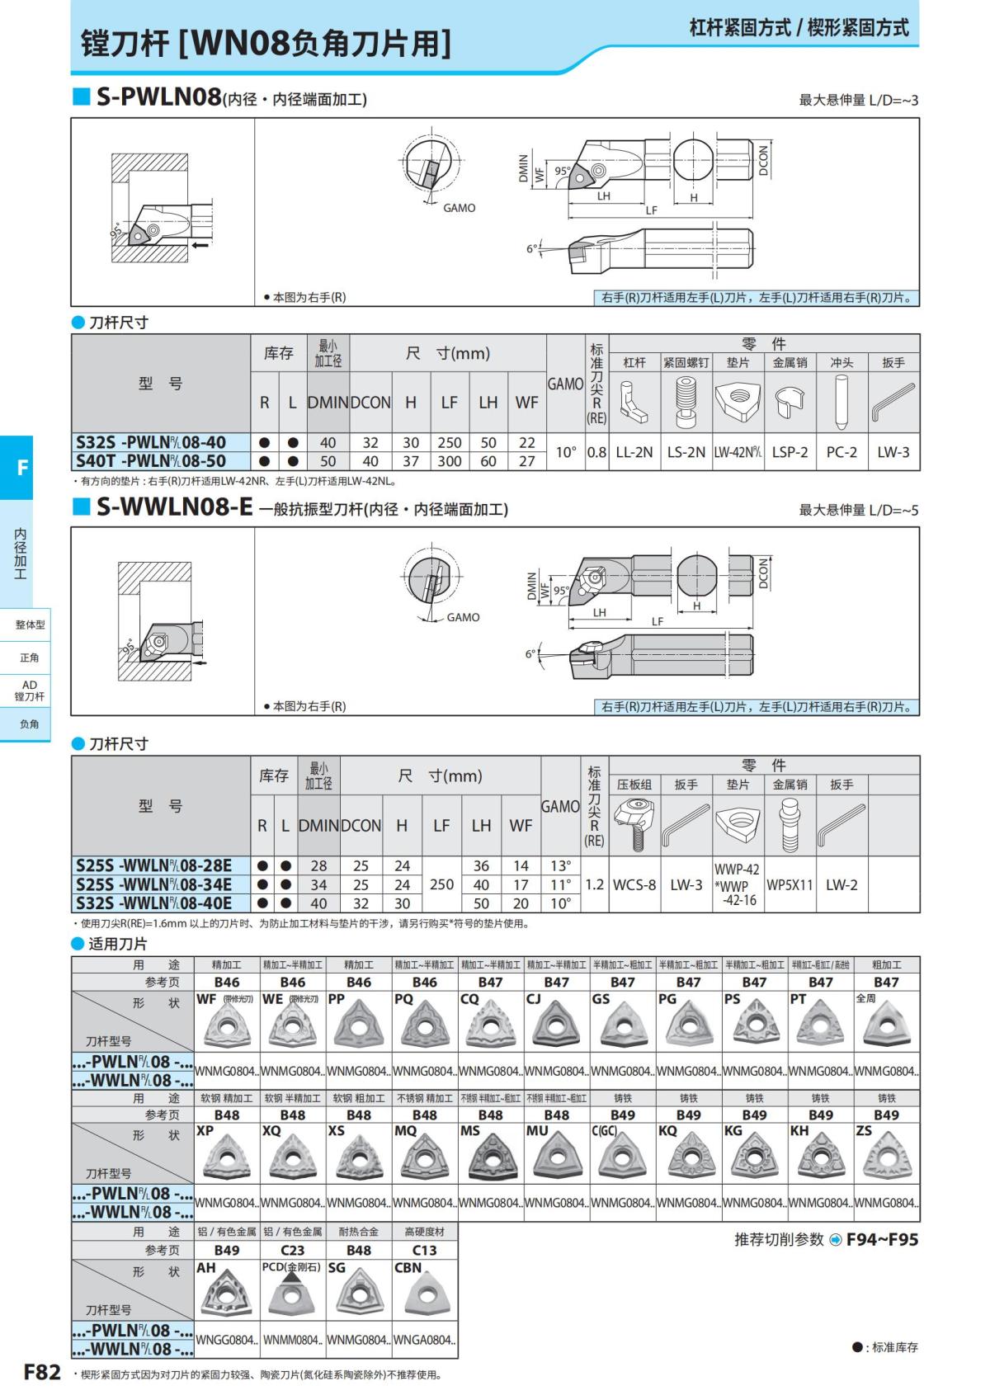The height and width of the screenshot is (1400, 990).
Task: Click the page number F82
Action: point(42,1372)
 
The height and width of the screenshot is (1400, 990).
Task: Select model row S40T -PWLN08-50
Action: point(151,461)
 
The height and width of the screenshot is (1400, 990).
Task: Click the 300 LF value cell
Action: point(449,461)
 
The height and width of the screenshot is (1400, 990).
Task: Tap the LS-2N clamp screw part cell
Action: point(686,452)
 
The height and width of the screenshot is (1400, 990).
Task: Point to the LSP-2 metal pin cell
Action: point(790,452)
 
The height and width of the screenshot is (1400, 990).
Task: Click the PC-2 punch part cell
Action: point(841,452)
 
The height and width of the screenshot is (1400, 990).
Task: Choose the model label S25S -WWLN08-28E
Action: point(154,865)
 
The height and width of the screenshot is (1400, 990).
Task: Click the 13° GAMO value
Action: point(560,865)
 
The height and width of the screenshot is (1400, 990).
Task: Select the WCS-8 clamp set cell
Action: point(634,884)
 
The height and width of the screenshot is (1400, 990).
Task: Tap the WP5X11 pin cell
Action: point(790,884)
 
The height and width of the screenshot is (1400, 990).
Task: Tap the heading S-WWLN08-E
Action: point(174,507)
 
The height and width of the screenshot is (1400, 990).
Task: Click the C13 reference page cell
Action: point(425,1250)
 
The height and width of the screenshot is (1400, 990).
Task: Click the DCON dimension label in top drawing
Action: point(763,160)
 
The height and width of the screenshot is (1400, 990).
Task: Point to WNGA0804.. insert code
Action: point(425,1340)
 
